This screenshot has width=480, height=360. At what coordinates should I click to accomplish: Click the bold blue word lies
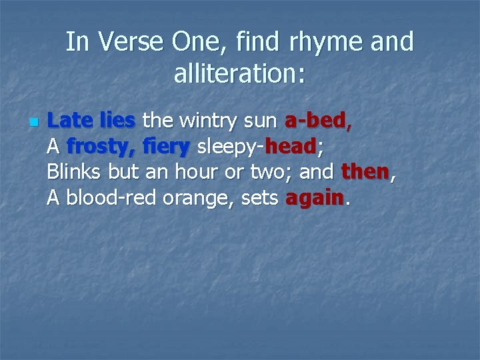click(x=117, y=121)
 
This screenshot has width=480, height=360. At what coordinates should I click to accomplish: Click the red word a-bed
click(x=315, y=121)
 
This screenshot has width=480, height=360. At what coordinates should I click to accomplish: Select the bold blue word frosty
click(x=100, y=147)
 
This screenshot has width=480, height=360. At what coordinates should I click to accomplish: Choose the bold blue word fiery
click(x=167, y=147)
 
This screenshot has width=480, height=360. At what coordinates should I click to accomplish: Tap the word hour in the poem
click(x=196, y=172)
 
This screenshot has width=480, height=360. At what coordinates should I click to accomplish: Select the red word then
click(x=365, y=172)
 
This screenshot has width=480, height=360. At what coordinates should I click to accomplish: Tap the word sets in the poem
click(x=259, y=198)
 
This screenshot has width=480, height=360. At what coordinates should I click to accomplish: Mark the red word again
click(x=314, y=198)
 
